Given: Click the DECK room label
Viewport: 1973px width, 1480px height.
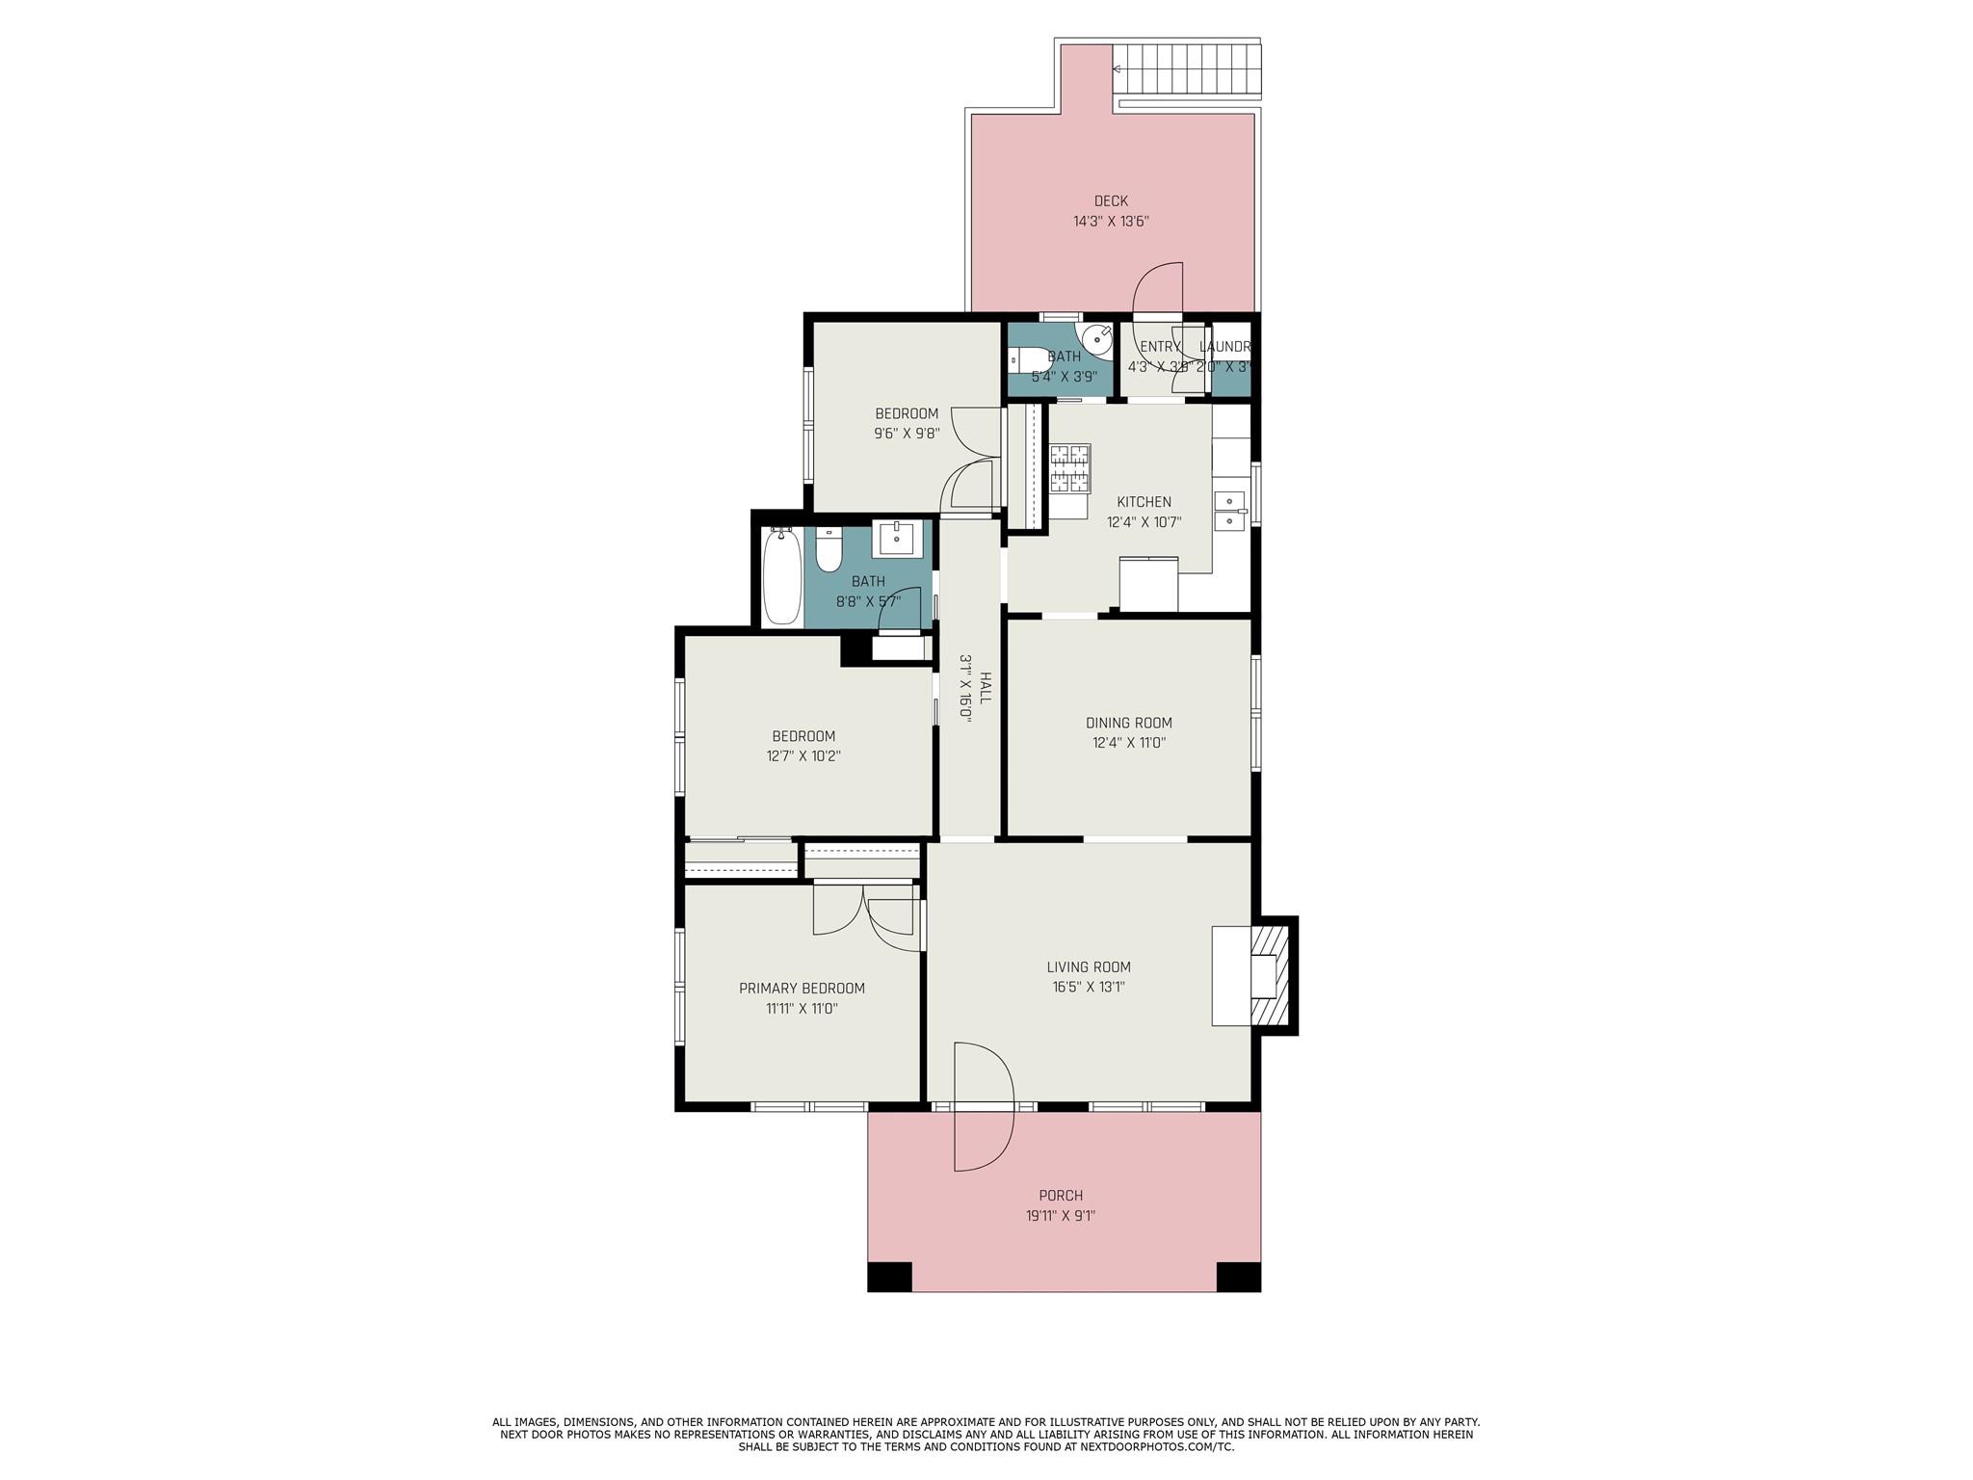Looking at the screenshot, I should (1111, 201).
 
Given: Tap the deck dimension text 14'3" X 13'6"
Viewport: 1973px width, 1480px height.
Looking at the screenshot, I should (1111, 222).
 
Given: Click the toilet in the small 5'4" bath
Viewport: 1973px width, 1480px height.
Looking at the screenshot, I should (1021, 360).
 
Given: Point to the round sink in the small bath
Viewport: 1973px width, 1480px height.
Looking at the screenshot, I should (1096, 339).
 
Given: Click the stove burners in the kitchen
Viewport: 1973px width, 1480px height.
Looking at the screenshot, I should (1069, 467).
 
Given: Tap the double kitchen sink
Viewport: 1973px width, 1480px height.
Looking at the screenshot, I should (1228, 511).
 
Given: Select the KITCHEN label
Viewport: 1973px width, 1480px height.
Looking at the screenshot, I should (1144, 502).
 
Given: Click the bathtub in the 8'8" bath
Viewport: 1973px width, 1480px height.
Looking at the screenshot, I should (781, 576).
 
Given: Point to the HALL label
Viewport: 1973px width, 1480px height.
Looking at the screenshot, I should (985, 688).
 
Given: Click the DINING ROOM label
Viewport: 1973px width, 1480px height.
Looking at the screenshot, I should (1128, 723).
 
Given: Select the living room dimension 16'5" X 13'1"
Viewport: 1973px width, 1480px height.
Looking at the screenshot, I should (1089, 987).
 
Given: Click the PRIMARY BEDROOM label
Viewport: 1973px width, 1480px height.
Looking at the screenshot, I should (802, 989).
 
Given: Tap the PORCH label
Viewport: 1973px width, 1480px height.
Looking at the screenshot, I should (1061, 1196).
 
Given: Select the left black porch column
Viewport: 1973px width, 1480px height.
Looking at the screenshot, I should (889, 1276).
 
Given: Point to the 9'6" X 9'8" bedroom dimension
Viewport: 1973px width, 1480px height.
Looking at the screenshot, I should (906, 434).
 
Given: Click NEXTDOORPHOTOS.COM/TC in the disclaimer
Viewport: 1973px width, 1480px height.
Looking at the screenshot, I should (1156, 1447).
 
